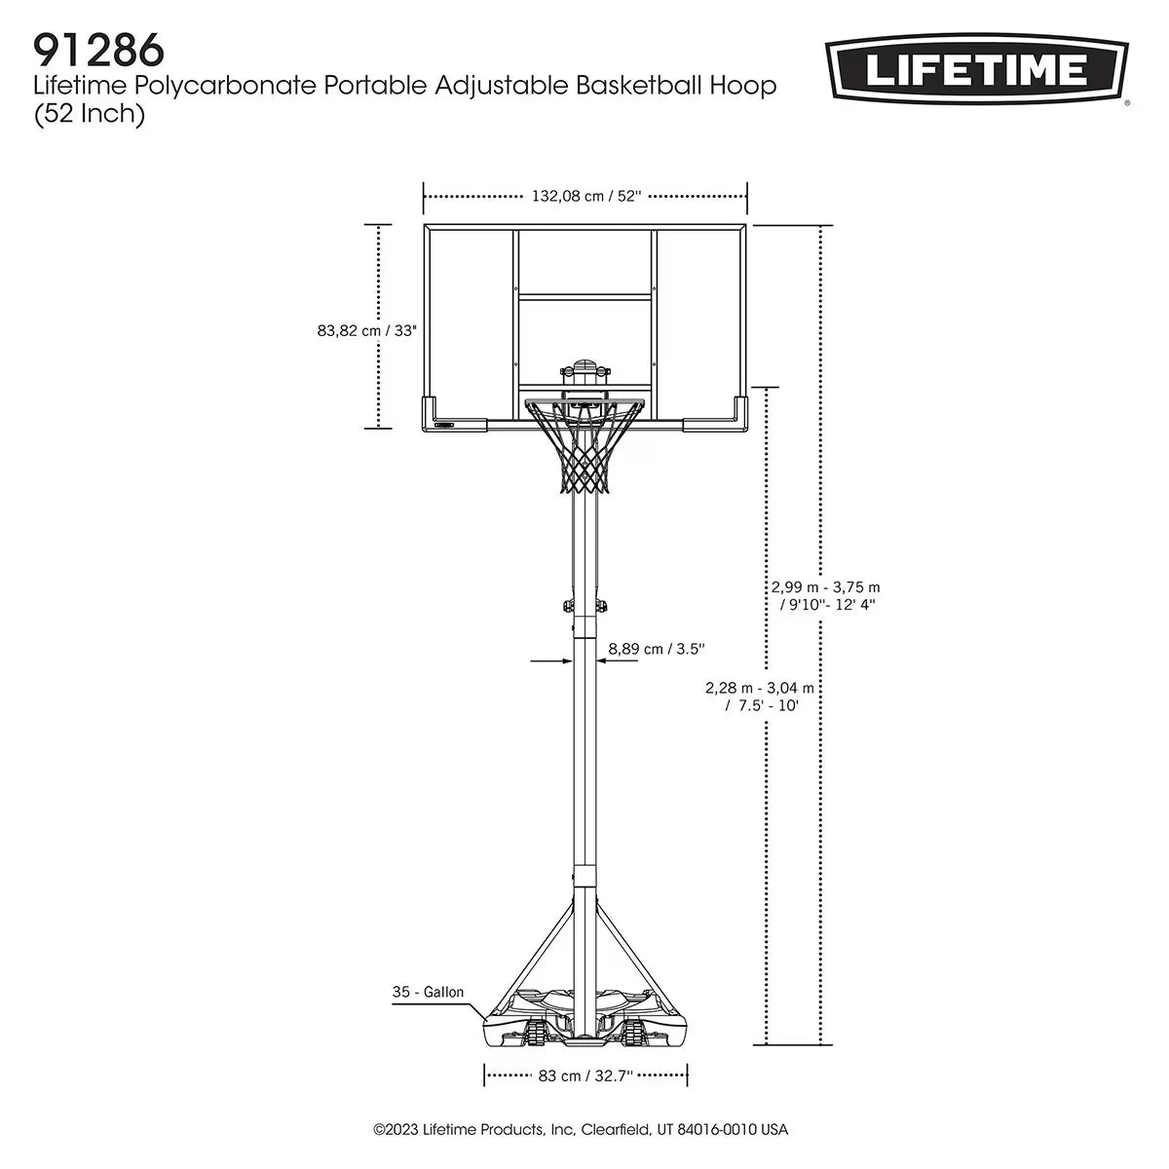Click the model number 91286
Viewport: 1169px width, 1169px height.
[x=97, y=48]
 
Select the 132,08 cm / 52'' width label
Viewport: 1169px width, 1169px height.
[x=585, y=196]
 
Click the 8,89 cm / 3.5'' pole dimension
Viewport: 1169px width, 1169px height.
[x=657, y=648]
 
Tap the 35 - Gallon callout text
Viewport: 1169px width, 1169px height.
[x=428, y=993]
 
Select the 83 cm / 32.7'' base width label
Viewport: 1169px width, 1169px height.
[x=585, y=1075]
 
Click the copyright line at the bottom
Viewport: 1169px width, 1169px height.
[x=581, y=1130]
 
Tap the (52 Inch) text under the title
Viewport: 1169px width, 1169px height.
[x=89, y=114]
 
